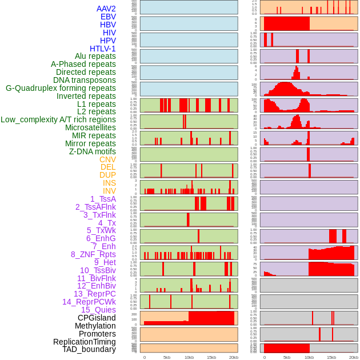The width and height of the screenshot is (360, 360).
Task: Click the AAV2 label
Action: (x=106, y=9)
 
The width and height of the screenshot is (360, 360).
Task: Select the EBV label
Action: (x=108, y=17)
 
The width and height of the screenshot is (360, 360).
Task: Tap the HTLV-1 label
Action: (x=102, y=49)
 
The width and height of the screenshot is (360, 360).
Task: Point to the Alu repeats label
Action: (x=95, y=56)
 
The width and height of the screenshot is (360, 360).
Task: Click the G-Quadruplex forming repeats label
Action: (x=61, y=88)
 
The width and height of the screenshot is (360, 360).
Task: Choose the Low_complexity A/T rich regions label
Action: (x=58, y=119)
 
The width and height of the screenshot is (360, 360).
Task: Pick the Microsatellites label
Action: (x=90, y=127)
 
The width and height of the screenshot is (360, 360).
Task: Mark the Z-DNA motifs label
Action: (x=92, y=151)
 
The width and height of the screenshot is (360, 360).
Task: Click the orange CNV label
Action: (x=107, y=159)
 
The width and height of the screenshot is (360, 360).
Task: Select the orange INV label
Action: (x=109, y=191)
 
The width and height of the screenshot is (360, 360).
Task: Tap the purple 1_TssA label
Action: (x=103, y=199)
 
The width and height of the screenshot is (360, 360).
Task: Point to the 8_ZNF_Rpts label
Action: (x=93, y=254)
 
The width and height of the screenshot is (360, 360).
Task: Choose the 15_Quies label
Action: (x=98, y=310)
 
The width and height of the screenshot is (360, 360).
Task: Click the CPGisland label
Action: (x=97, y=318)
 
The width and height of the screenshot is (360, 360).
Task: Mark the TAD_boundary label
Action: (x=89, y=349)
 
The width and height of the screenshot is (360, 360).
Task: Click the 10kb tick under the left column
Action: (x=189, y=357)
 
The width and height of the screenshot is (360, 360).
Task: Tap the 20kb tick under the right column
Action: (x=354, y=357)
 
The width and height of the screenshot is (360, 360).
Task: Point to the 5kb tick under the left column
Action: (x=167, y=357)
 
